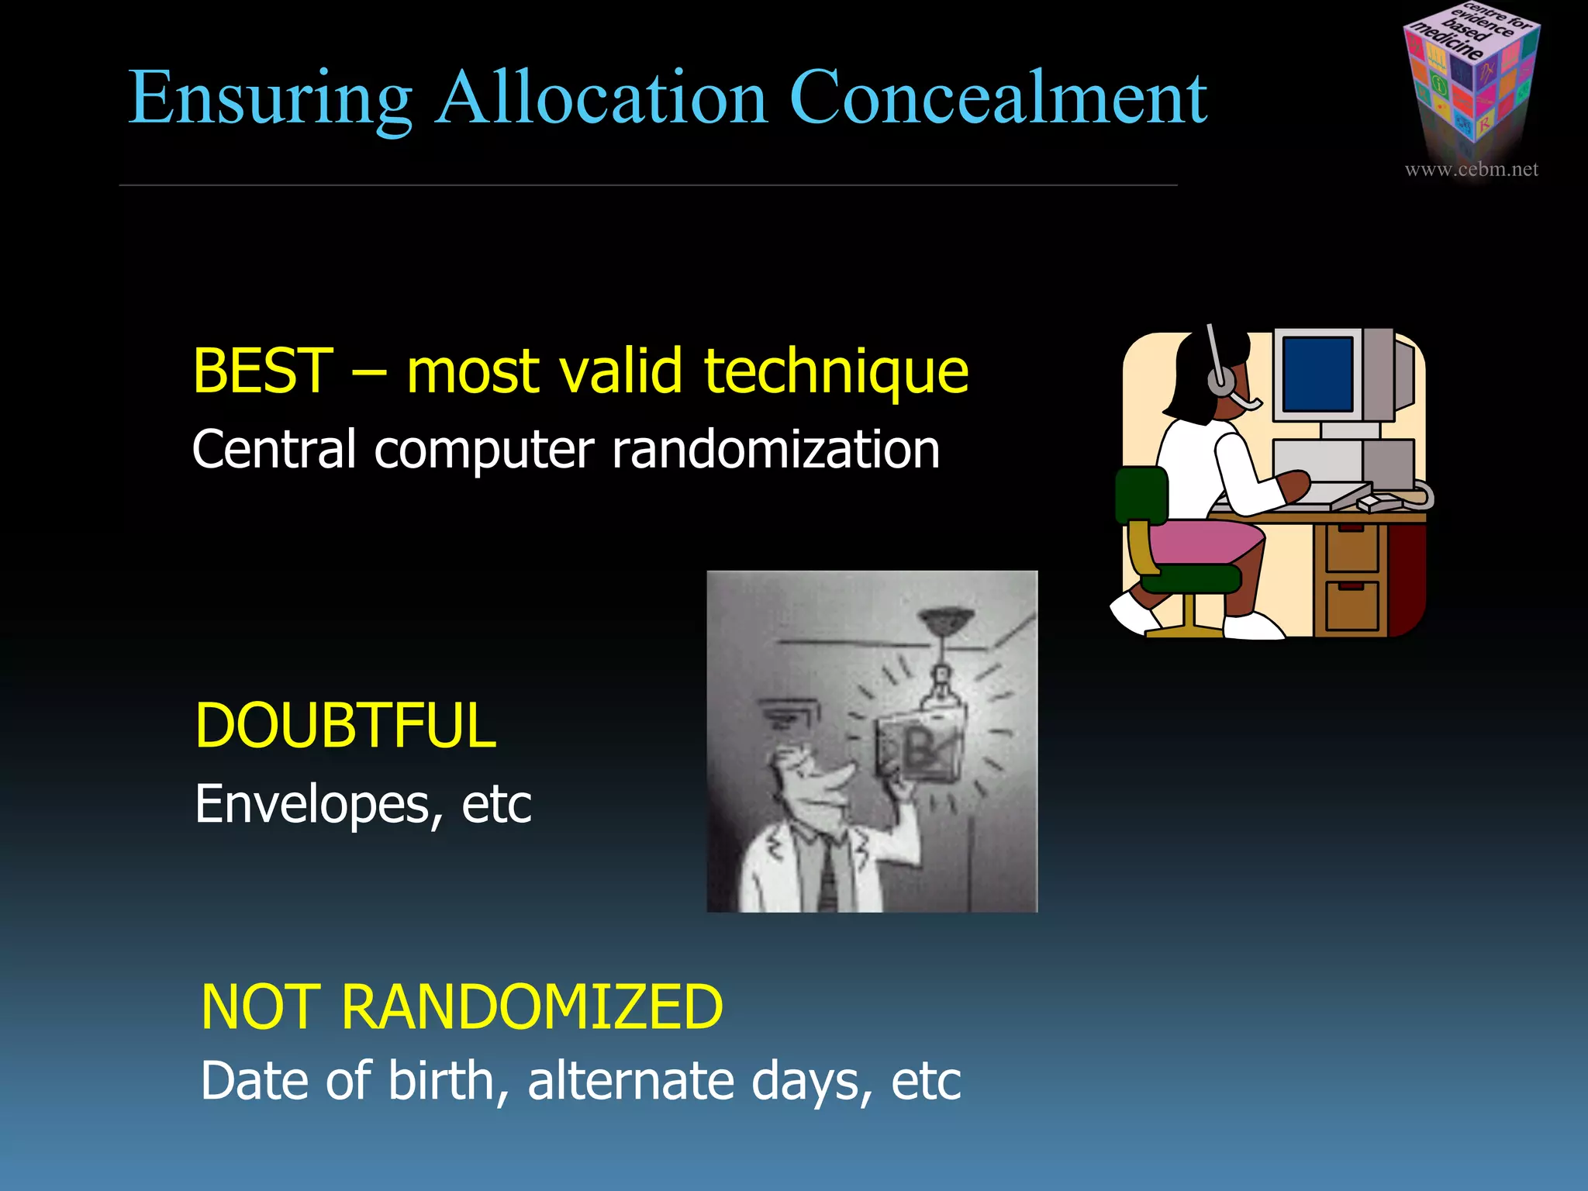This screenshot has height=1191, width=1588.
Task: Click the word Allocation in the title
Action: [x=601, y=98]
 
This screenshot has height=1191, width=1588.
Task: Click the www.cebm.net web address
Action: [x=1471, y=169]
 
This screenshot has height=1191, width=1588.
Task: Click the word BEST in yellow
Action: [x=262, y=371]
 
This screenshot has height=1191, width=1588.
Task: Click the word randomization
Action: [x=775, y=450]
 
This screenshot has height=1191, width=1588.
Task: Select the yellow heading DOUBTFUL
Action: [x=345, y=726]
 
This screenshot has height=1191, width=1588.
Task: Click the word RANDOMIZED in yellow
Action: [x=532, y=1007]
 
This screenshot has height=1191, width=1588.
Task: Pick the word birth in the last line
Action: [x=441, y=1080]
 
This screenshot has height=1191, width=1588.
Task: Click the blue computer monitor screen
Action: [x=1317, y=375]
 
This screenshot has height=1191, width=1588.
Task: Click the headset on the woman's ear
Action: [x=1220, y=380]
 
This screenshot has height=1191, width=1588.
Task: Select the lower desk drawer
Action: [x=1352, y=605]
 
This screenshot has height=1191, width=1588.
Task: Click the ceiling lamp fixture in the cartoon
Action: [x=944, y=620]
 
